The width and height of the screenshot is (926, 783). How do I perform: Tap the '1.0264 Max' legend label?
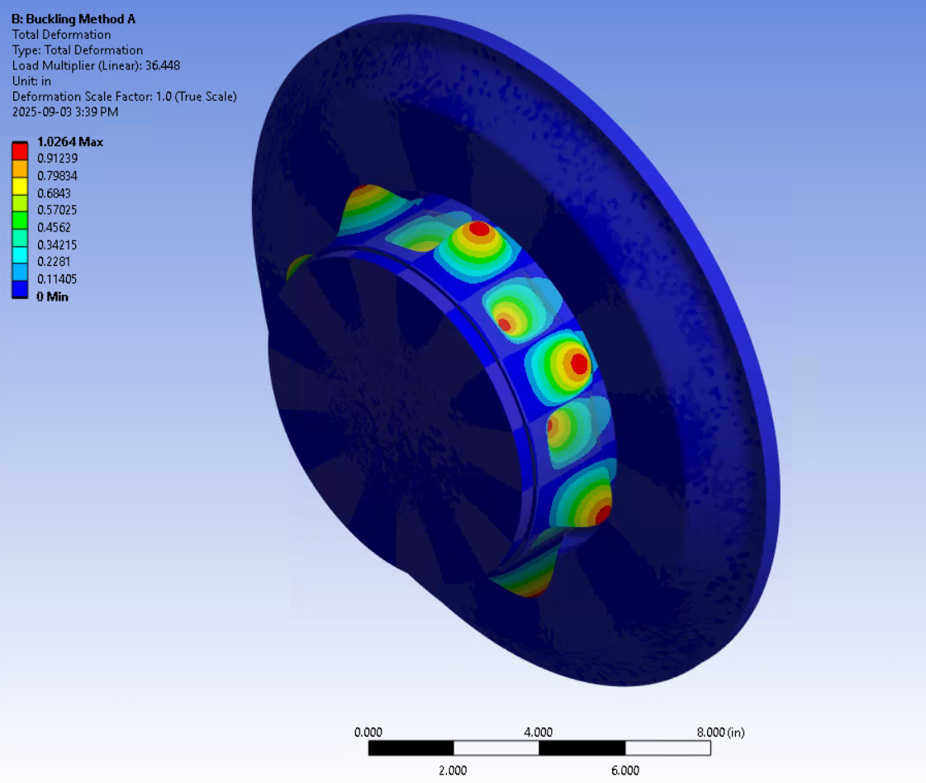(x=70, y=142)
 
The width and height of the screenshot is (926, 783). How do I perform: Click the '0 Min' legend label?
(x=53, y=297)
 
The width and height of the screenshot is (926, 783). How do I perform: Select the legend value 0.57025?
(x=58, y=211)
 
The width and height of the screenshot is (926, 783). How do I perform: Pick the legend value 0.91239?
(x=58, y=159)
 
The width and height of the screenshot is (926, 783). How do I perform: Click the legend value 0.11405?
(x=58, y=279)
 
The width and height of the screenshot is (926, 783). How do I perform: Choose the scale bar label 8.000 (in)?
(x=719, y=733)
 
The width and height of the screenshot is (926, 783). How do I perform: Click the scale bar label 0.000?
(x=368, y=733)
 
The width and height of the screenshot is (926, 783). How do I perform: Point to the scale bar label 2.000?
(x=453, y=771)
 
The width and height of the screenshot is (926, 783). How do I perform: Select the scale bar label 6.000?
(x=624, y=771)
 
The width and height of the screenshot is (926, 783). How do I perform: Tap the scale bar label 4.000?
(x=539, y=733)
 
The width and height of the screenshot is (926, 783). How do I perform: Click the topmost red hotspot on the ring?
(x=477, y=228)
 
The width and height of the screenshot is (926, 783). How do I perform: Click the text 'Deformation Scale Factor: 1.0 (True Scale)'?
(x=125, y=97)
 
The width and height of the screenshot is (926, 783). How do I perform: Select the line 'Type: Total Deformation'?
(x=77, y=50)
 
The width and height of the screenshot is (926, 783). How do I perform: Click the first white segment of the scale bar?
(x=496, y=748)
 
